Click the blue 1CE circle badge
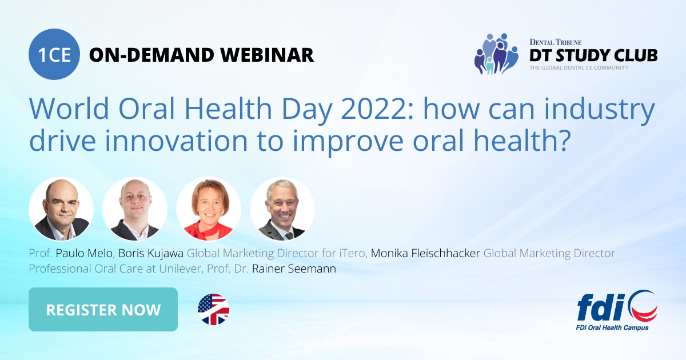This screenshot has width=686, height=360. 55,55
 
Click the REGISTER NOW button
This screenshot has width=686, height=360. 103,310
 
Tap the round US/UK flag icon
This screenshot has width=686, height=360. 213,310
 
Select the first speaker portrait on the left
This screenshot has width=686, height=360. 61,209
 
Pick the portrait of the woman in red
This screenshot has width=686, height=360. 209,209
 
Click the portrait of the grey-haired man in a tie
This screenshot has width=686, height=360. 282,209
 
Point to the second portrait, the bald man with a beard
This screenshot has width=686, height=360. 135,209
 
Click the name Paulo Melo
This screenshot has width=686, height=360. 84,253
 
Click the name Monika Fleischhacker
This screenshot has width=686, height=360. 425,253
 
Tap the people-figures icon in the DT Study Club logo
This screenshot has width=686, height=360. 495,54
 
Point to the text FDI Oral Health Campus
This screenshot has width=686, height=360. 612,327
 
